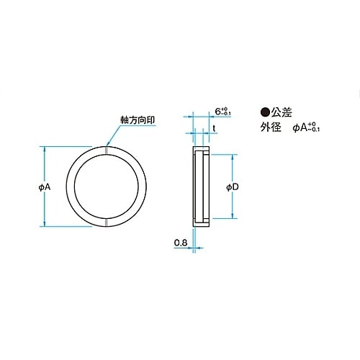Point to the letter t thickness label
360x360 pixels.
point(214,127)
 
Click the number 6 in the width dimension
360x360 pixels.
point(218,112)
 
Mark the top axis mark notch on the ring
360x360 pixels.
point(107,151)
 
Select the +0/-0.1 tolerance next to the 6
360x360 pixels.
point(228,112)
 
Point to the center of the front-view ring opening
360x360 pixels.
point(107,186)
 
